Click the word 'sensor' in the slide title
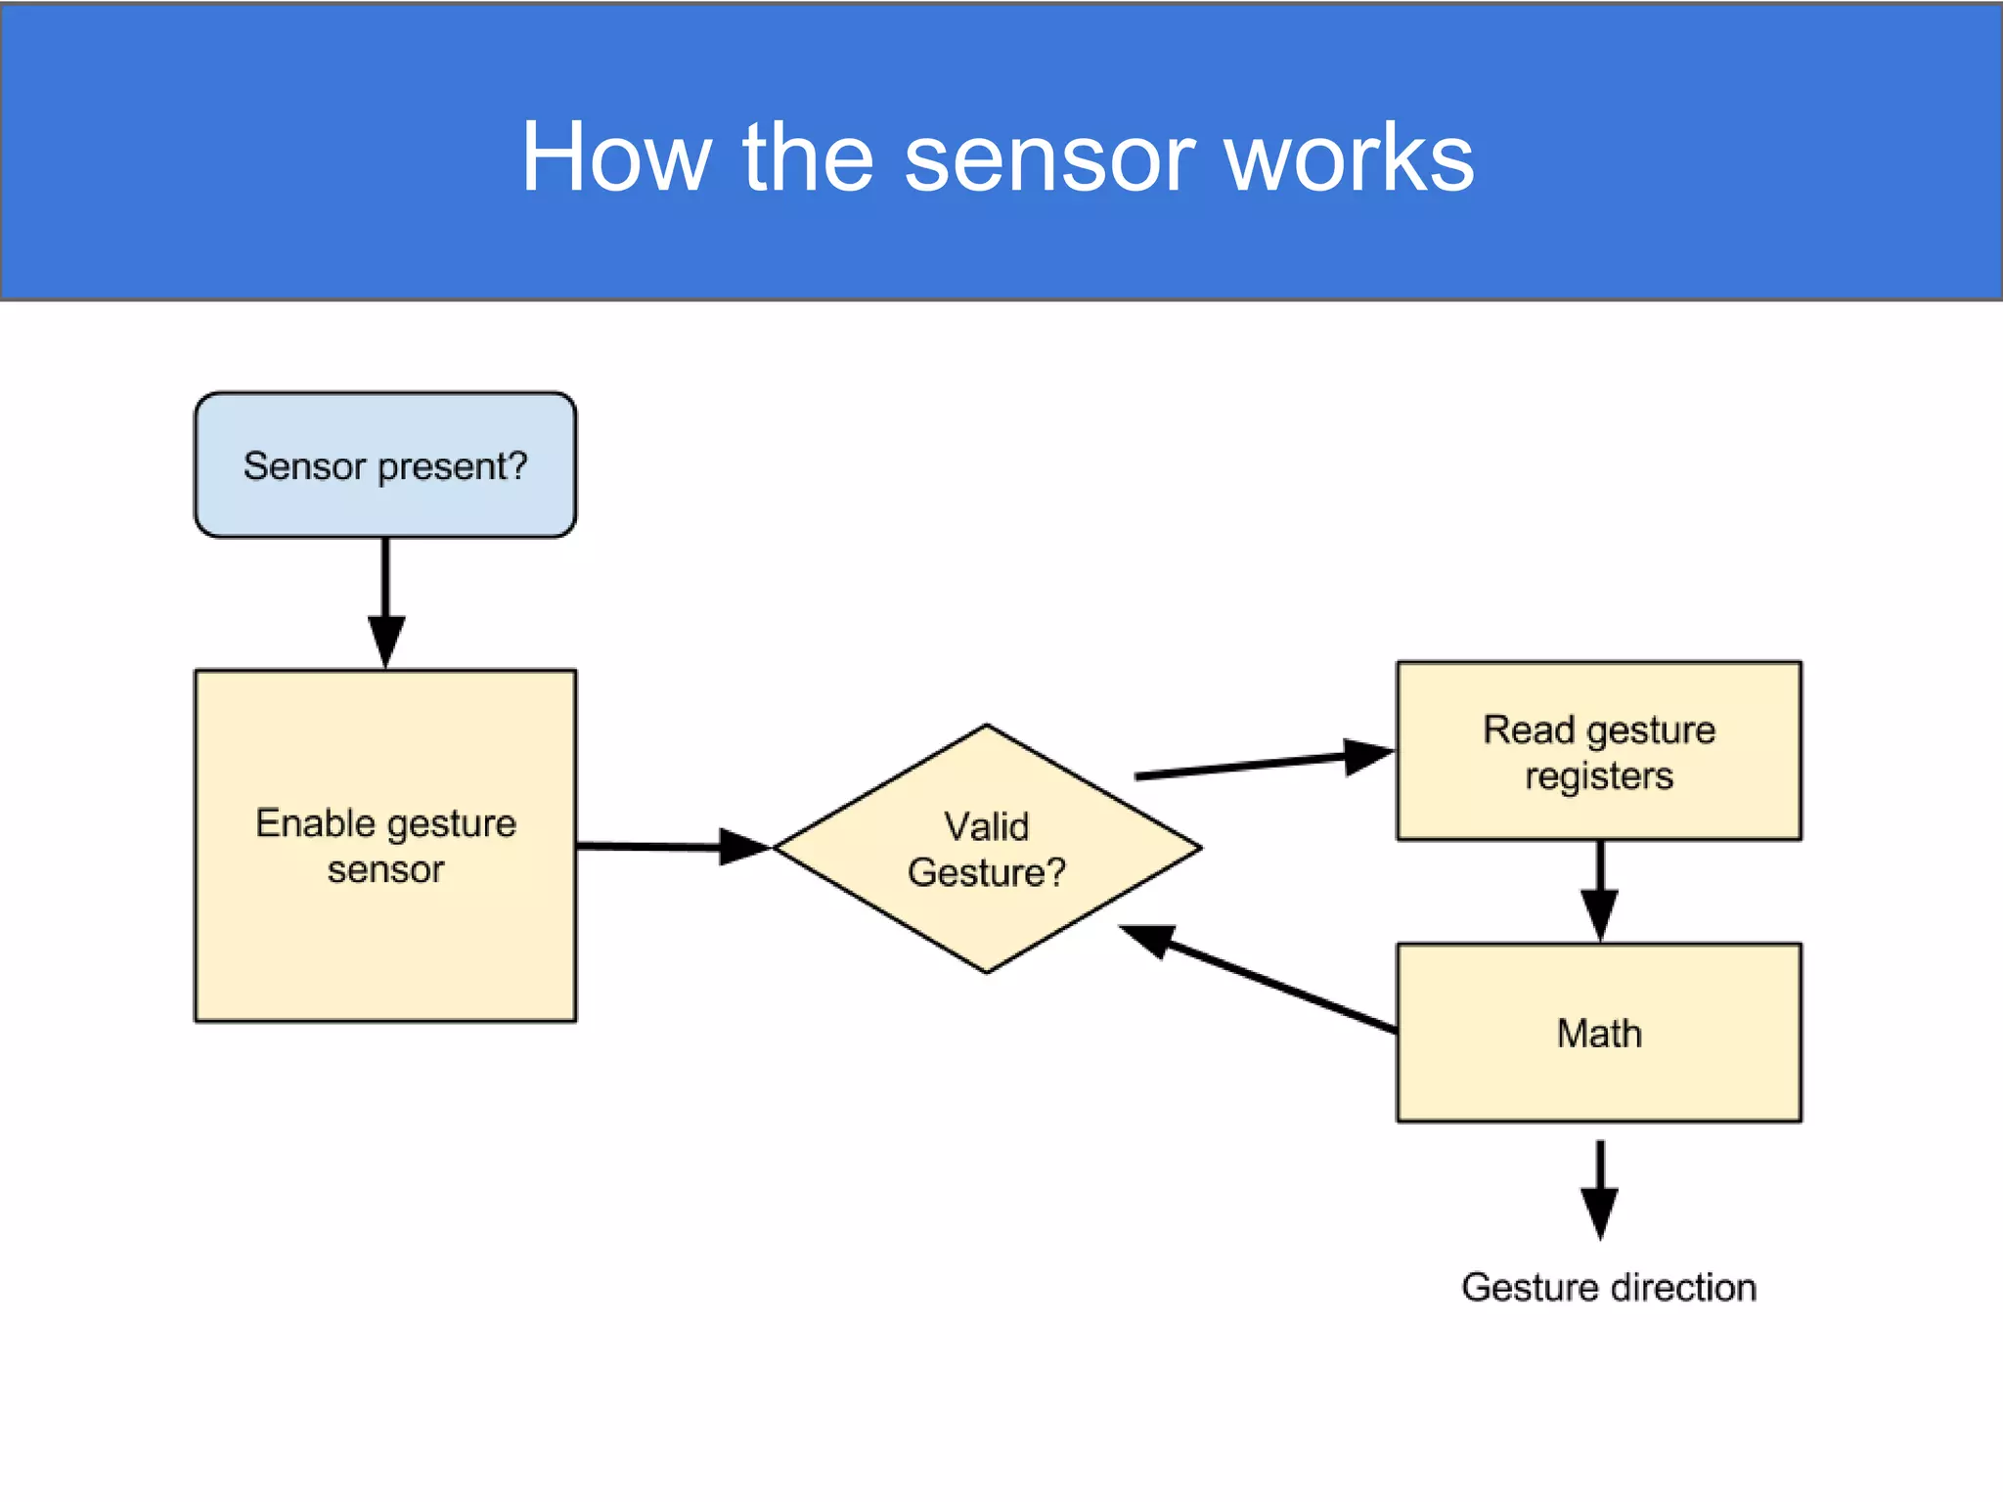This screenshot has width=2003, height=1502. coord(1049,159)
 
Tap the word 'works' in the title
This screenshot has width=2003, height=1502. coord(1349,157)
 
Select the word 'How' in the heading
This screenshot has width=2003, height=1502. coord(615,157)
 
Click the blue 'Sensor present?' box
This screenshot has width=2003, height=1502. coord(385,465)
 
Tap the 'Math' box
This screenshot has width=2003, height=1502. coord(1599,1034)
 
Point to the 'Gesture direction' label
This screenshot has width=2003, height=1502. coord(1609,1288)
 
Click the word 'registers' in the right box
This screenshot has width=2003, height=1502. coord(1599,776)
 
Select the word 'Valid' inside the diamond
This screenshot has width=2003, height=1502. coord(986,827)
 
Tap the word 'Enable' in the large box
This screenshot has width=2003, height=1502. coord(315,823)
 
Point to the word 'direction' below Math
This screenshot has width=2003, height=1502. coord(1683,1288)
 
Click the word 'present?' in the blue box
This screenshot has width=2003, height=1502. coord(453,466)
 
